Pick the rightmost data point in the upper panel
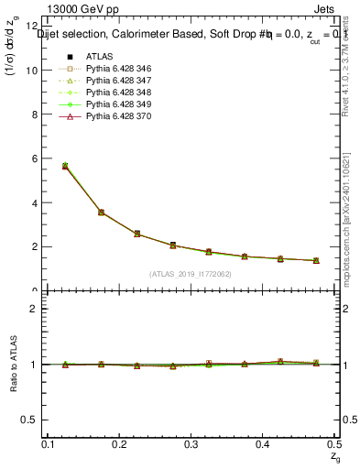[x=316, y=261]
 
